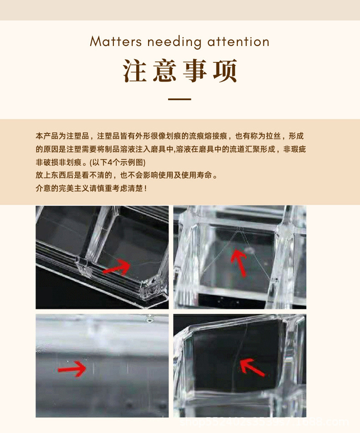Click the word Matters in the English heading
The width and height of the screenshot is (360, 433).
116,42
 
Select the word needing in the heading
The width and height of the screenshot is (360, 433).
174,42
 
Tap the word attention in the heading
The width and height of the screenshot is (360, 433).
238,42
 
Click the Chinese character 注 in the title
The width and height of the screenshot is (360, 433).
136,71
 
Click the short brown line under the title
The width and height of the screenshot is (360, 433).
180,99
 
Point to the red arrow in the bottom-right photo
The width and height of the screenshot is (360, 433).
252,367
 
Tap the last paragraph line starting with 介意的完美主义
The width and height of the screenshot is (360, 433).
91,188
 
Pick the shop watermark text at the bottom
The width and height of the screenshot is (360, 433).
278,423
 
